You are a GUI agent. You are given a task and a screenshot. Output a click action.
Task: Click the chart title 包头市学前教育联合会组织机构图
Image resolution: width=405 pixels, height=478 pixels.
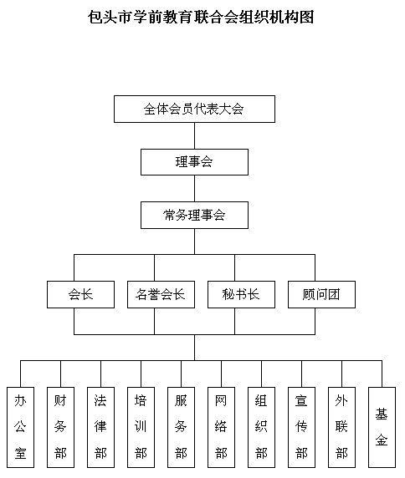click(201, 17)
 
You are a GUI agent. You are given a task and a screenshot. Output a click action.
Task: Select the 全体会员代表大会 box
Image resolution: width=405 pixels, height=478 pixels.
click(194, 109)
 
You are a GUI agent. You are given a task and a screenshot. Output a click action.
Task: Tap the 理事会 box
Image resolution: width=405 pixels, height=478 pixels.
click(194, 162)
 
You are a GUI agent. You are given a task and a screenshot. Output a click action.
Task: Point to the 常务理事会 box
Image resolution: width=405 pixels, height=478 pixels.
click(194, 215)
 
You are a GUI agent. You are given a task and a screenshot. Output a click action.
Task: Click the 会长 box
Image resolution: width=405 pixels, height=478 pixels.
click(80, 294)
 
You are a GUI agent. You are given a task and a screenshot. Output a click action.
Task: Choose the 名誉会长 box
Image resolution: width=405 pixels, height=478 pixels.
click(161, 294)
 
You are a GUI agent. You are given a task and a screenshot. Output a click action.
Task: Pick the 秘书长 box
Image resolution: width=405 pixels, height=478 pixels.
click(241, 294)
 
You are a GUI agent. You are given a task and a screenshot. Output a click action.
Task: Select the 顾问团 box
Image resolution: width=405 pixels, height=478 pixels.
click(321, 294)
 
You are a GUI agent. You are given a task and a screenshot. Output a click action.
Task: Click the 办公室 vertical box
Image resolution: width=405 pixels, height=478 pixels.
click(20, 427)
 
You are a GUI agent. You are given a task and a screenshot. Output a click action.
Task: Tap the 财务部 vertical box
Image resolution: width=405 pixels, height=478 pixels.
click(60, 427)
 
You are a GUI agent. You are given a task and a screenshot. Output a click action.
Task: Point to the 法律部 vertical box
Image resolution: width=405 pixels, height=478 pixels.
click(100, 427)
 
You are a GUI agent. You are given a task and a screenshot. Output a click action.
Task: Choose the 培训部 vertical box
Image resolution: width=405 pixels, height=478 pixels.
click(141, 427)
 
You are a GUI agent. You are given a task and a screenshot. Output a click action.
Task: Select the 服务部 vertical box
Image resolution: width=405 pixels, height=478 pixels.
click(181, 427)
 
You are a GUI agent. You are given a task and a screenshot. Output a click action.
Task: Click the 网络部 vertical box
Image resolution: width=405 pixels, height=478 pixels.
click(221, 427)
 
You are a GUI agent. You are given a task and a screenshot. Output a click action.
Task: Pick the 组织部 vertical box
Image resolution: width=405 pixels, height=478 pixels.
click(262, 427)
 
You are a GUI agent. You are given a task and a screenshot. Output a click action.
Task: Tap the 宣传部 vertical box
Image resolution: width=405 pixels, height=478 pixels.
click(301, 427)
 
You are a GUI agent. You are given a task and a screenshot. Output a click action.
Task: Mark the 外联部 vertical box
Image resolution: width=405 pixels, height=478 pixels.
click(342, 427)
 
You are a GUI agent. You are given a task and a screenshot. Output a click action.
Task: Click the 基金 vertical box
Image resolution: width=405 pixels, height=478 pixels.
click(382, 427)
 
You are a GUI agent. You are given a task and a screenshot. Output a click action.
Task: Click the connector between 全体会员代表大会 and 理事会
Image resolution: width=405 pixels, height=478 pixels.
click(194, 136)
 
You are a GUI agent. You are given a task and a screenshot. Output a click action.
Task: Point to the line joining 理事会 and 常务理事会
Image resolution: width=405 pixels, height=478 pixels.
click(194, 188)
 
